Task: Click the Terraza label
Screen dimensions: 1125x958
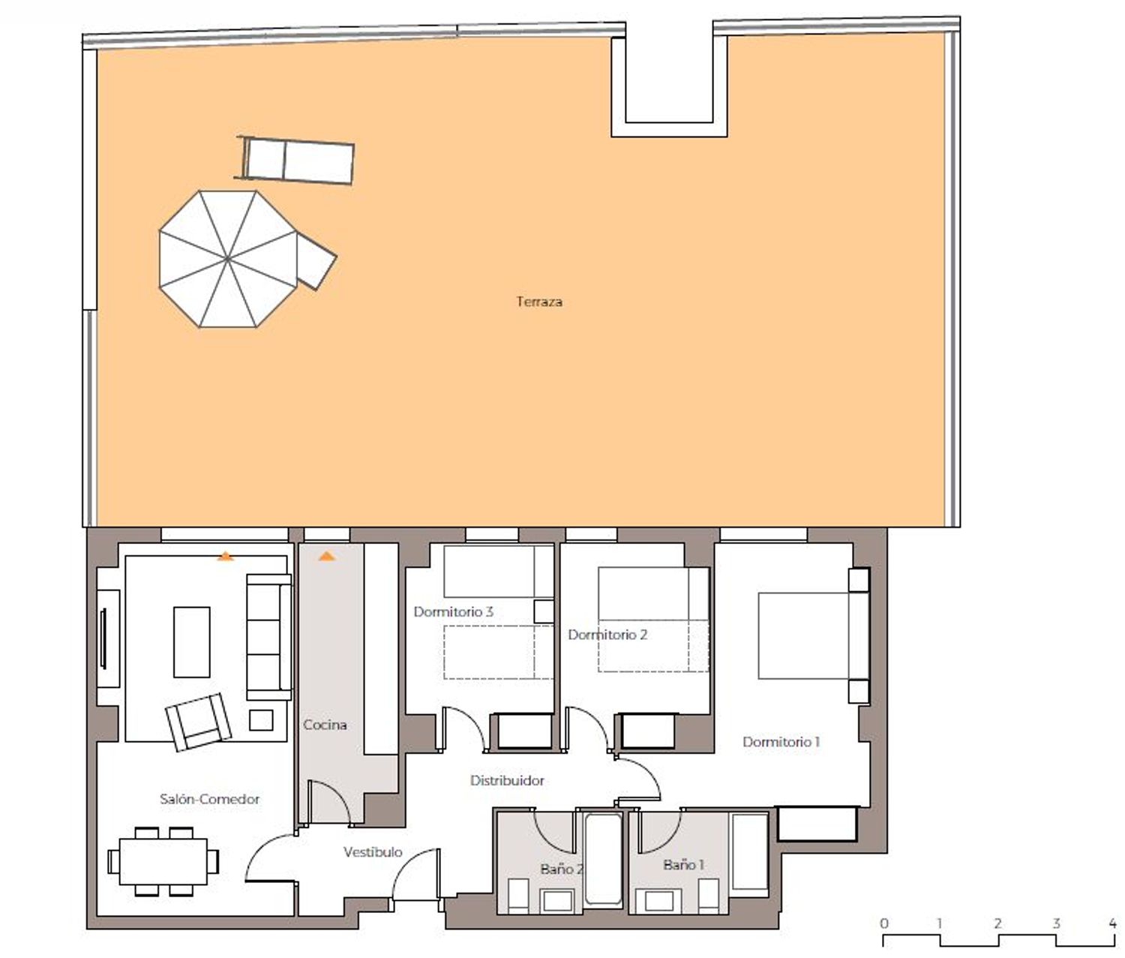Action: coord(538,302)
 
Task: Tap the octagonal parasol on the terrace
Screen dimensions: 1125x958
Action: coord(228,259)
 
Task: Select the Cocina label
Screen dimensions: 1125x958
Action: coord(325,725)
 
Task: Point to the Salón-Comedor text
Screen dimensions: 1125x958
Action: coord(209,799)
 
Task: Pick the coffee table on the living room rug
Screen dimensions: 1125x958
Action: coord(191,642)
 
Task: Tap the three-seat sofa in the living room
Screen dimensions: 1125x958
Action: coord(268,638)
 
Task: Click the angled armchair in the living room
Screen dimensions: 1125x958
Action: coord(199,722)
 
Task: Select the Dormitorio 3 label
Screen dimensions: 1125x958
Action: coord(453,612)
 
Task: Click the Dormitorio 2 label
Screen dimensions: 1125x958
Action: coord(608,635)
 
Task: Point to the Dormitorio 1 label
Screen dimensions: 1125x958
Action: coord(781,742)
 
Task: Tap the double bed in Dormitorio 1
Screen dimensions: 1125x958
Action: coord(814,635)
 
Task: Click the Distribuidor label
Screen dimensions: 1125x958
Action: coord(507,780)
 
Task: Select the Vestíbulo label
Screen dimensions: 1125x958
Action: coord(373,852)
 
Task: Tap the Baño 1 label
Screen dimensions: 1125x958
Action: coord(683,864)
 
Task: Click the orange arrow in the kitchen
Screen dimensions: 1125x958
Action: coord(326,556)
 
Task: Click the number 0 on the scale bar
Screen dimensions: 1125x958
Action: coord(884,923)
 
